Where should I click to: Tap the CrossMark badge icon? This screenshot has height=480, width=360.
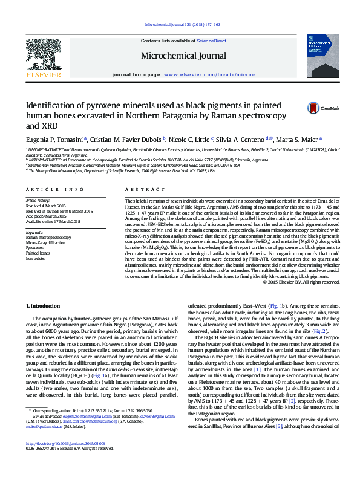point(312,106)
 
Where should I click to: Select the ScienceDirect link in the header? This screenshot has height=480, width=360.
point(212,41)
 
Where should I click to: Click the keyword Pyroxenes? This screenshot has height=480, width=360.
point(34,247)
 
